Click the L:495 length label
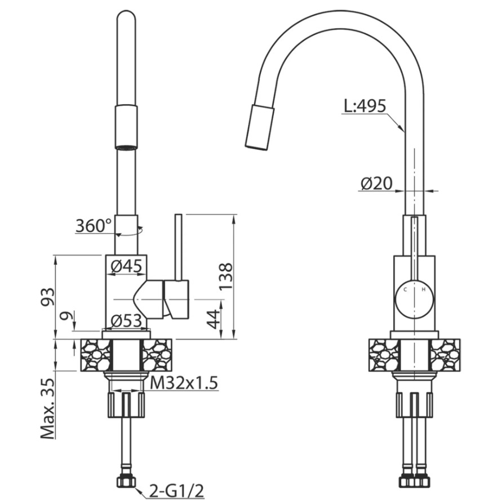[365, 106]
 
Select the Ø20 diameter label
[376, 184]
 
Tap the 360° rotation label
[94, 225]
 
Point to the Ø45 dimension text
[126, 266]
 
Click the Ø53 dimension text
[126, 320]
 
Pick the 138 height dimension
[225, 276]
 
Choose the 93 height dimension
[48, 297]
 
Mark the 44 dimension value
[213, 319]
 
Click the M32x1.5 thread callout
[184, 383]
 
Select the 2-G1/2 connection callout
[176, 491]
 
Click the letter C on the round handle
[405, 289]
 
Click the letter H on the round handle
[424, 289]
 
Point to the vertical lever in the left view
[179, 248]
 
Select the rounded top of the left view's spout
[126, 16]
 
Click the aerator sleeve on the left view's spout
[126, 127]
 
